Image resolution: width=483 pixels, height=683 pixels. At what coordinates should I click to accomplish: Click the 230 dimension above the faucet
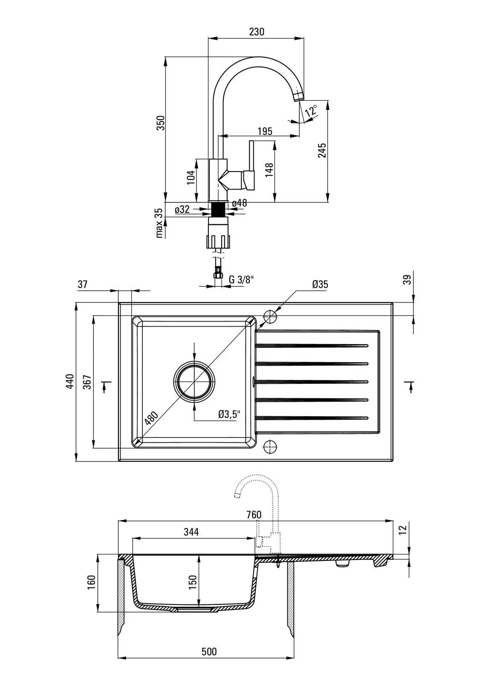tap(256, 32)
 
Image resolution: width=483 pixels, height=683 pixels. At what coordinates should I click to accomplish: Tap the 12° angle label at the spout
tap(312, 111)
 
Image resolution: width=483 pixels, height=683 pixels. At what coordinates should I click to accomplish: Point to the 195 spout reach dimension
tap(265, 131)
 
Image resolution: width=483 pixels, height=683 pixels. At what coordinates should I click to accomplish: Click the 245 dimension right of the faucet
tap(322, 150)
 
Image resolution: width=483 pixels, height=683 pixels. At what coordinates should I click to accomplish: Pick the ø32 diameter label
tap(182, 210)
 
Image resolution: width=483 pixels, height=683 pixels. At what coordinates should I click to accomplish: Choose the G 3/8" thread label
tap(241, 280)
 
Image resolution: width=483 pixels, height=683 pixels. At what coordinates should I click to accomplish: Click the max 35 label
tap(159, 223)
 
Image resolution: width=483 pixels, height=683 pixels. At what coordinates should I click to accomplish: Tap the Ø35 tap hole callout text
tap(320, 284)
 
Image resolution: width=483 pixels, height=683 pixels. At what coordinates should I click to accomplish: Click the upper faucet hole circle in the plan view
tap(270, 317)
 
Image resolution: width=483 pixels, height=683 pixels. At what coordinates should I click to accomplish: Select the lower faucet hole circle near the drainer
tap(270, 447)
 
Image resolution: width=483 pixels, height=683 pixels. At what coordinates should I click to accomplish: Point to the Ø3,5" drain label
tap(229, 414)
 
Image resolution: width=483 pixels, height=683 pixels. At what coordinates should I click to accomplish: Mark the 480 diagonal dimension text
tap(151, 418)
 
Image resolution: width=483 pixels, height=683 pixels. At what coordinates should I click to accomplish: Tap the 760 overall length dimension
tap(254, 514)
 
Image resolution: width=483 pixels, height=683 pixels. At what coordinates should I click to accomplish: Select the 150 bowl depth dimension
tap(193, 581)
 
